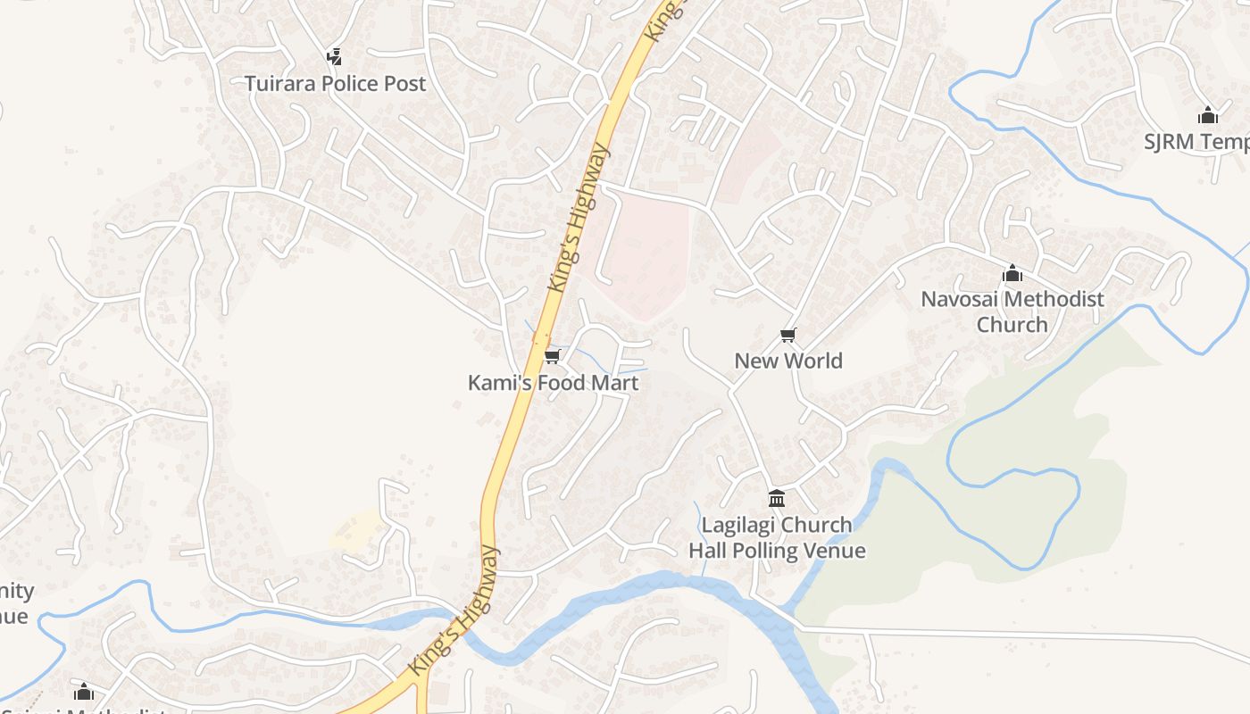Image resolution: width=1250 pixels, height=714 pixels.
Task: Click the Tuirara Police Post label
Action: (x=336, y=84)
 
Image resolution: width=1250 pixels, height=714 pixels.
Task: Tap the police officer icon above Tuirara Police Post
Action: (x=335, y=57)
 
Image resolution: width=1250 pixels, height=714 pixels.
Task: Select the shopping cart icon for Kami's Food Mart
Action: (x=552, y=357)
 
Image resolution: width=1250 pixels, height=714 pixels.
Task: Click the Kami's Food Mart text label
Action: (x=554, y=383)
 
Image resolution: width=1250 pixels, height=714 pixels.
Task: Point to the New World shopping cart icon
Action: (x=787, y=336)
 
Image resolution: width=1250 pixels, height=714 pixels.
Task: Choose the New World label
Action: (x=788, y=361)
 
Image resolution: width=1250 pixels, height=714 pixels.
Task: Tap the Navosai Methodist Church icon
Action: (x=1012, y=272)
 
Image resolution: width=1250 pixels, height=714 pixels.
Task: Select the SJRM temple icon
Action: (x=1208, y=115)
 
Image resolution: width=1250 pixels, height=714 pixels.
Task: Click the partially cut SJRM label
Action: (x=1196, y=142)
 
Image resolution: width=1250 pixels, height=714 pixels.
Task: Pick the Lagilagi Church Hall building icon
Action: (x=777, y=498)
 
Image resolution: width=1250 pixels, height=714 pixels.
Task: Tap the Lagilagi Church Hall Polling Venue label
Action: (x=777, y=537)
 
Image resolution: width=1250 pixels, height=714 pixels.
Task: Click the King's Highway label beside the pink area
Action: (x=579, y=218)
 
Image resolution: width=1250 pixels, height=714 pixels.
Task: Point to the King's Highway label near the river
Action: (x=454, y=610)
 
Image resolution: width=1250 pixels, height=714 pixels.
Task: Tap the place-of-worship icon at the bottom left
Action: (x=84, y=692)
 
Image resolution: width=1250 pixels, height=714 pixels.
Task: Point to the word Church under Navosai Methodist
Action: (x=1012, y=324)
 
